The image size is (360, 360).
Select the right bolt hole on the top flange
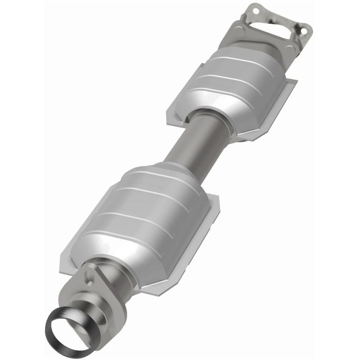[x=306, y=30]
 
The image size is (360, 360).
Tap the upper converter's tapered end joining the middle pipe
[x=211, y=110]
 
